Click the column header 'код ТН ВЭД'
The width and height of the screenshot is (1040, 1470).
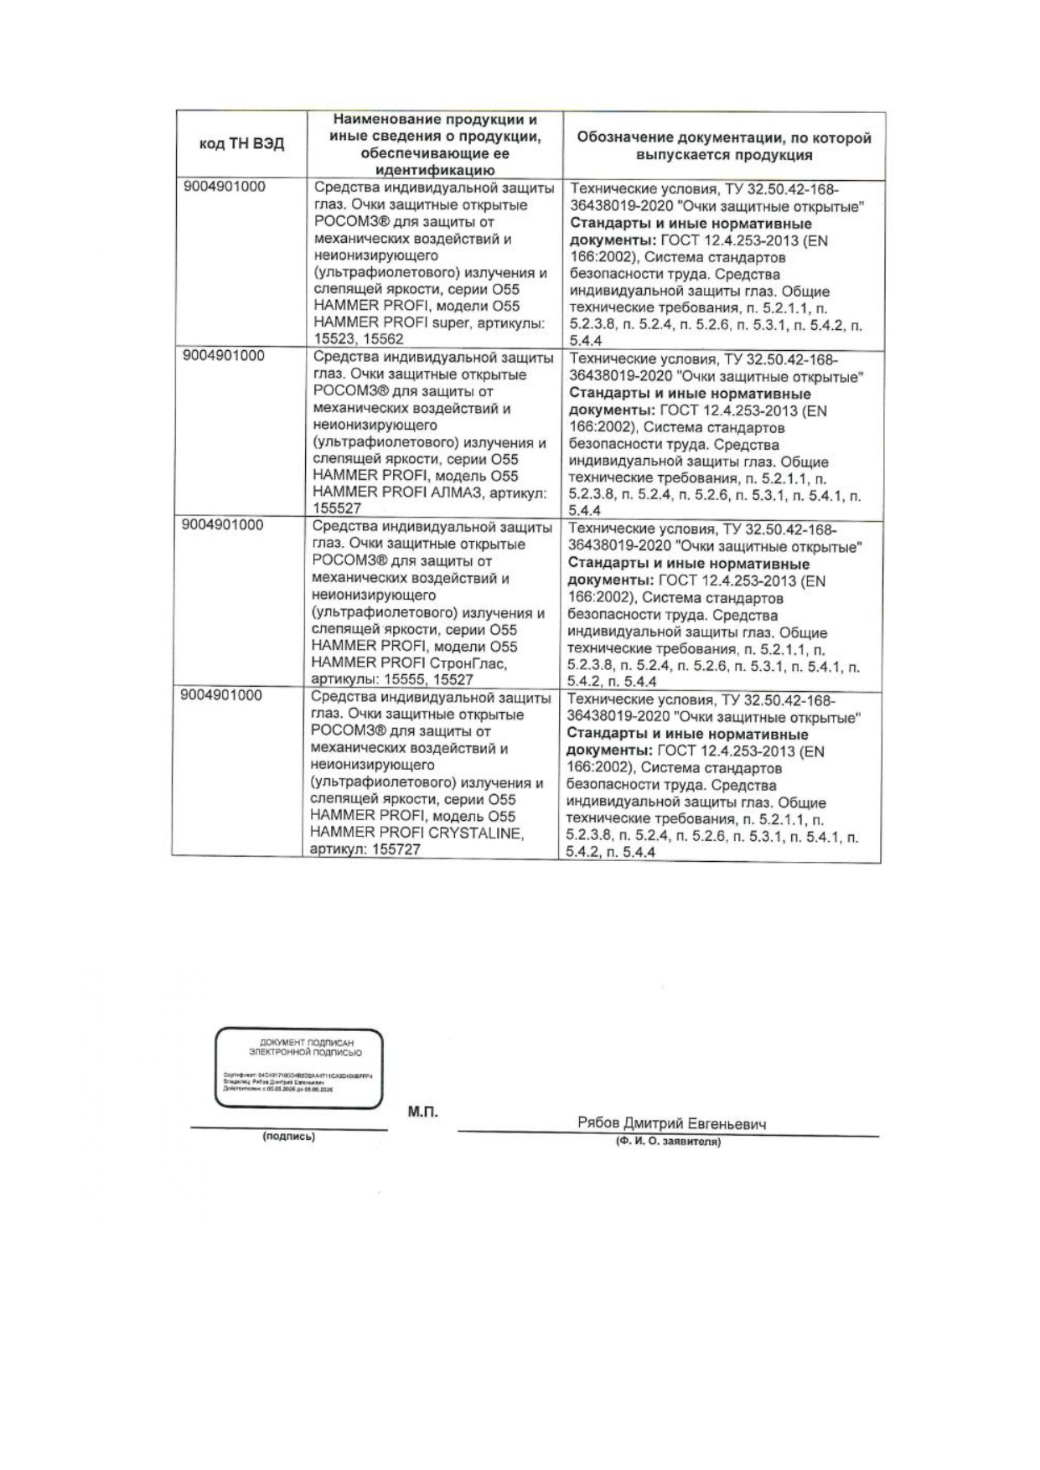tap(241, 144)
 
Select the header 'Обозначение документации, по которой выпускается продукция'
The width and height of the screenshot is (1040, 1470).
tap(724, 146)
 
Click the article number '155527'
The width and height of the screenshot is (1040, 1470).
tap(337, 509)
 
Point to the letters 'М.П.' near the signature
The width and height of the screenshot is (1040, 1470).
tap(422, 1112)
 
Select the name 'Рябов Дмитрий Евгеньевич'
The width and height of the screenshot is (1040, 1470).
tap(671, 1124)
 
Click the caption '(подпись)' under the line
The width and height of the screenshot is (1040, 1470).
tap(289, 1137)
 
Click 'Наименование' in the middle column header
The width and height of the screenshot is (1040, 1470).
tap(380, 120)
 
